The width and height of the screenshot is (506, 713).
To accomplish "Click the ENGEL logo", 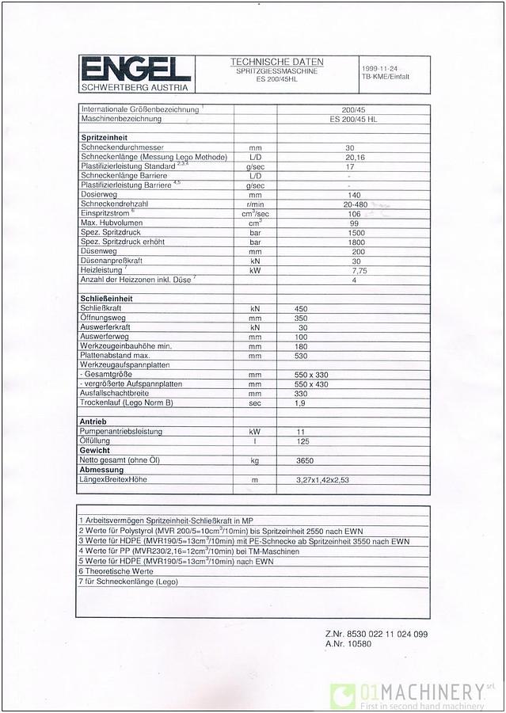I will [134, 67].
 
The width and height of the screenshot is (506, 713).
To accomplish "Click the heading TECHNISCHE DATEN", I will [276, 62].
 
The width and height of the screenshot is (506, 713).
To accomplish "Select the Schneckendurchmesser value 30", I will [350, 148].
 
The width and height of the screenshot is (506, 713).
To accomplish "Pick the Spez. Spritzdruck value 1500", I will [356, 233].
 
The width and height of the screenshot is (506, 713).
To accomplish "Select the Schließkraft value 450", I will [301, 308].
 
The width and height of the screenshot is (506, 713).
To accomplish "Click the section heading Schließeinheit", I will [106, 299].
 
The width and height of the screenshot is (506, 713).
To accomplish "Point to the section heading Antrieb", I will [93, 421].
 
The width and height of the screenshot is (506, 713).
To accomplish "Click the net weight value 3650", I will [305, 459].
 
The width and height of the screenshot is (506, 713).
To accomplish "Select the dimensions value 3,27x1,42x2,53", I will [322, 480].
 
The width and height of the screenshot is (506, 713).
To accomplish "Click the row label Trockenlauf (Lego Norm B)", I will [127, 402].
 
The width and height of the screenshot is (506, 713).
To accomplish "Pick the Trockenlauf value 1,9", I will [301, 402].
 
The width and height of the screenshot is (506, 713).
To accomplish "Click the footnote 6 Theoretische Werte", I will [116, 570].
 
